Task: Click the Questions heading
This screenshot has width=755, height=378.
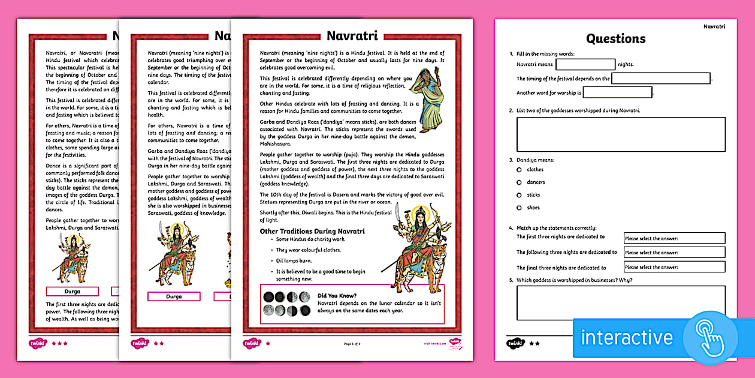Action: pyautogui.click(x=615, y=39)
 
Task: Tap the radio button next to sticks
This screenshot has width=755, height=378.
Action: pyautogui.click(x=519, y=195)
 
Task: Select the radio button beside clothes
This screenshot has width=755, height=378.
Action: pyautogui.click(x=519, y=170)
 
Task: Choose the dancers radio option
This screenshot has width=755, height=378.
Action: pyautogui.click(x=519, y=182)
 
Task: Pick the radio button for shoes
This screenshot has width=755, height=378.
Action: pyautogui.click(x=519, y=208)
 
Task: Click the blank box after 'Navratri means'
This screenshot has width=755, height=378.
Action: pyautogui.click(x=585, y=65)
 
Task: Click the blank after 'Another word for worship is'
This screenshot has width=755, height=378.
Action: pyautogui.click(x=617, y=92)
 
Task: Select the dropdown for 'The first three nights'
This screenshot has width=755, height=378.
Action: pyautogui.click(x=674, y=238)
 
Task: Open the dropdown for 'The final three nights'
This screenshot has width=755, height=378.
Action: pyautogui.click(x=674, y=267)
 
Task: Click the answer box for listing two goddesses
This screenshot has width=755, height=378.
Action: pyautogui.click(x=621, y=134)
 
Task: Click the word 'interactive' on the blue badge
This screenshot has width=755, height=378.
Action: pyautogui.click(x=627, y=337)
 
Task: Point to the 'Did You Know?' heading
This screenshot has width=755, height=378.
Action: pyautogui.click(x=337, y=296)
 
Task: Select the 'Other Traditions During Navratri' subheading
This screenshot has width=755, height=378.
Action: pyautogui.click(x=312, y=231)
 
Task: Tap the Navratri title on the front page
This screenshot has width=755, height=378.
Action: pyautogui.click(x=352, y=36)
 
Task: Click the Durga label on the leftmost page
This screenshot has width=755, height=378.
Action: pyautogui.click(x=73, y=292)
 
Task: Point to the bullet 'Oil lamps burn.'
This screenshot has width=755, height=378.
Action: pyautogui.click(x=295, y=260)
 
